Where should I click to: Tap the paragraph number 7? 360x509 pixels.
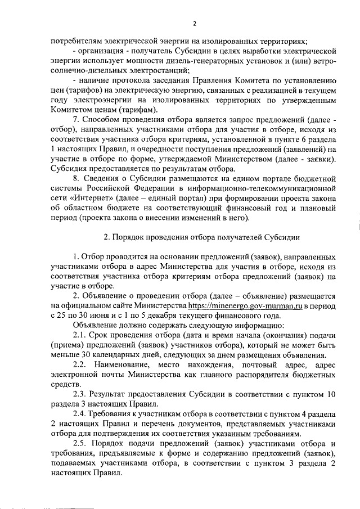click(x=76, y=120)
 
